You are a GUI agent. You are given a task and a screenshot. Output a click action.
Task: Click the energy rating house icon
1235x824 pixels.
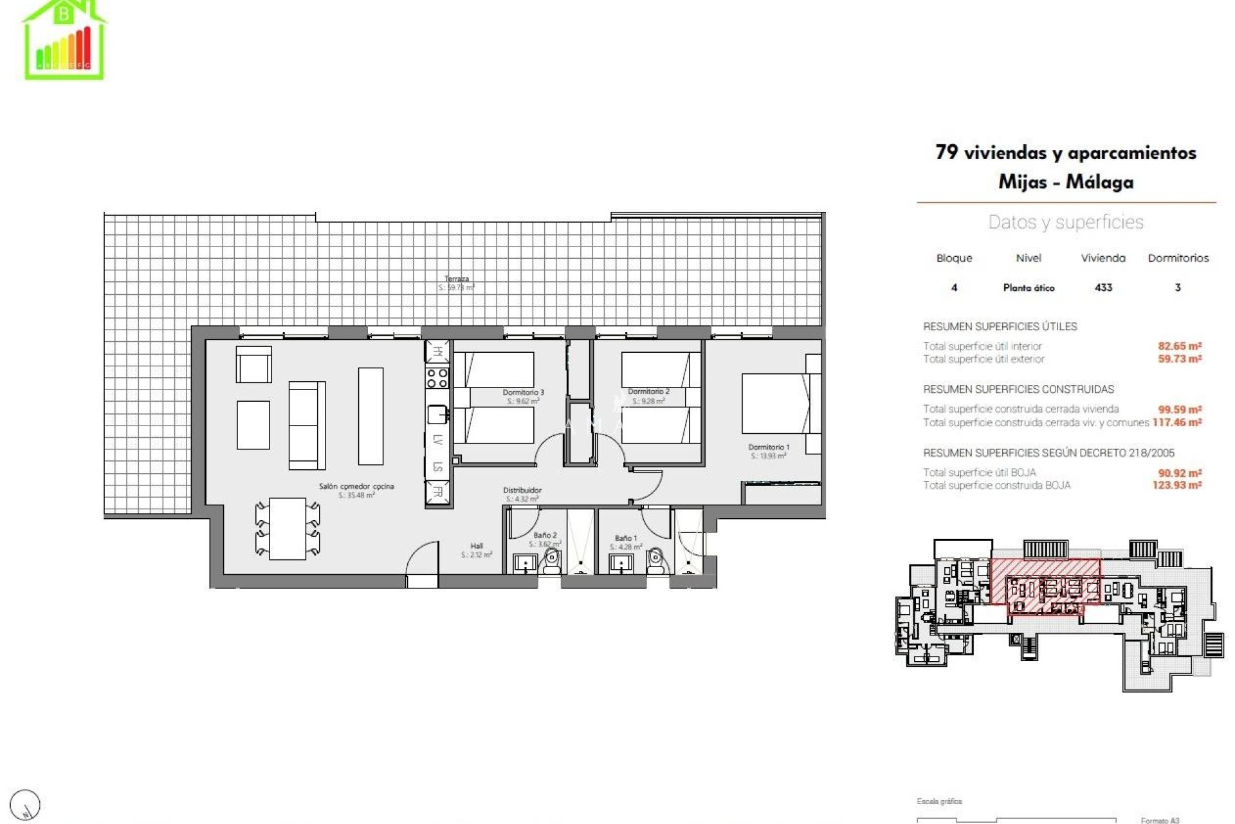pos(64,40)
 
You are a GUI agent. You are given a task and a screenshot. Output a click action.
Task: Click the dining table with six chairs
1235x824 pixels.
pos(287,528)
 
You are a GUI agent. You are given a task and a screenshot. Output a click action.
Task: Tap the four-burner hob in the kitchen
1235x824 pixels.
pos(437,377)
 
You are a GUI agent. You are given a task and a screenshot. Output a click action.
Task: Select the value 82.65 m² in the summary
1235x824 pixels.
pos(1180,346)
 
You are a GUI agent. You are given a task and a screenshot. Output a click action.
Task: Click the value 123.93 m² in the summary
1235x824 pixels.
pos(1176,485)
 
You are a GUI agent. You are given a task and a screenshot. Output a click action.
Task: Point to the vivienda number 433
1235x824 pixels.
pos(1103,288)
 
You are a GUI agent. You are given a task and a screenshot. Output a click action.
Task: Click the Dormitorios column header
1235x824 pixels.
pos(1178,258)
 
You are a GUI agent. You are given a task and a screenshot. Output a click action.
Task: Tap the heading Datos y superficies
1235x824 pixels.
pos(1065,222)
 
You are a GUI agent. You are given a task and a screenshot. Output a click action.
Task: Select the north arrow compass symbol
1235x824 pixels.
pos(26,805)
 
